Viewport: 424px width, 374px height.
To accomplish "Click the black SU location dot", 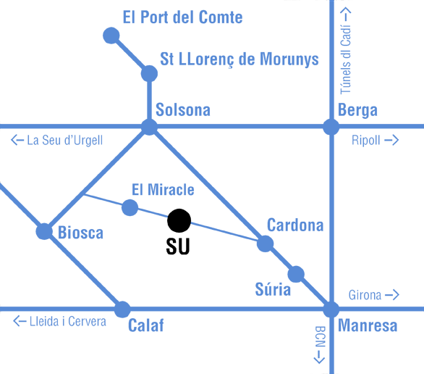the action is click(179, 220).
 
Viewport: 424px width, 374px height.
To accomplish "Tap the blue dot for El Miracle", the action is click(130, 208).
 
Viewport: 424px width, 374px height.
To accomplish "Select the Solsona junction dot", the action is click(149, 127).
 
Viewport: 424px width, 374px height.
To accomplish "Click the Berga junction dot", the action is click(331, 126).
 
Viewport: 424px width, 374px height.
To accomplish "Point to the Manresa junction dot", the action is click(331, 309).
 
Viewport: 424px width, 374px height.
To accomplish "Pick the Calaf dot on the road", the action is click(122, 309).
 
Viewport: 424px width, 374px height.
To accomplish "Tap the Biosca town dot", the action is click(44, 231).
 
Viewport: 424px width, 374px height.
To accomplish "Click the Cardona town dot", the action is click(265, 244).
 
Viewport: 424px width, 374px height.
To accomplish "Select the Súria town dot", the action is click(296, 274).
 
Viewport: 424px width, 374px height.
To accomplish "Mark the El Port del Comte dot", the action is click(111, 36).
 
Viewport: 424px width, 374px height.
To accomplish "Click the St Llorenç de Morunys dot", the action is click(149, 73).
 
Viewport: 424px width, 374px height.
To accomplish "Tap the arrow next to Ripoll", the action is click(391, 140).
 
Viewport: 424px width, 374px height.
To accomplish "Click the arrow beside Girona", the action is click(392, 295).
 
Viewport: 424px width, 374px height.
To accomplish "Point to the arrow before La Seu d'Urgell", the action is click(17, 140).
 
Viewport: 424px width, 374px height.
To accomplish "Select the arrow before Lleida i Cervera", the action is click(20, 321).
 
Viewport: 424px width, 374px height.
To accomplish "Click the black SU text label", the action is click(178, 246).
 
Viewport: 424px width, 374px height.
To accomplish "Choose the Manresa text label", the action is click(368, 325).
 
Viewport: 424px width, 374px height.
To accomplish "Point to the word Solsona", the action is click(183, 109).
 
